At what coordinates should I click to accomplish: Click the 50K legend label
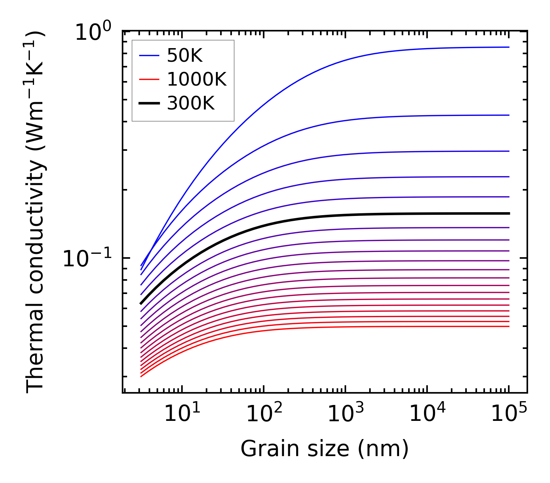(185, 56)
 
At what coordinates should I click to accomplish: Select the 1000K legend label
(197, 80)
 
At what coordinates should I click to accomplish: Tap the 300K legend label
(191, 103)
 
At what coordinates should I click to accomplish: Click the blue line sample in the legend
(149, 56)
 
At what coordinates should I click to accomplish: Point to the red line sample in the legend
(149, 80)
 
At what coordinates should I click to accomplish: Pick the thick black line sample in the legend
(149, 103)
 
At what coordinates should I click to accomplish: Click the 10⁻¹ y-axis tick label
(87, 259)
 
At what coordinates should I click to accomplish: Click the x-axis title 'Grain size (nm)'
(325, 449)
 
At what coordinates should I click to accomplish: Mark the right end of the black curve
(509, 214)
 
